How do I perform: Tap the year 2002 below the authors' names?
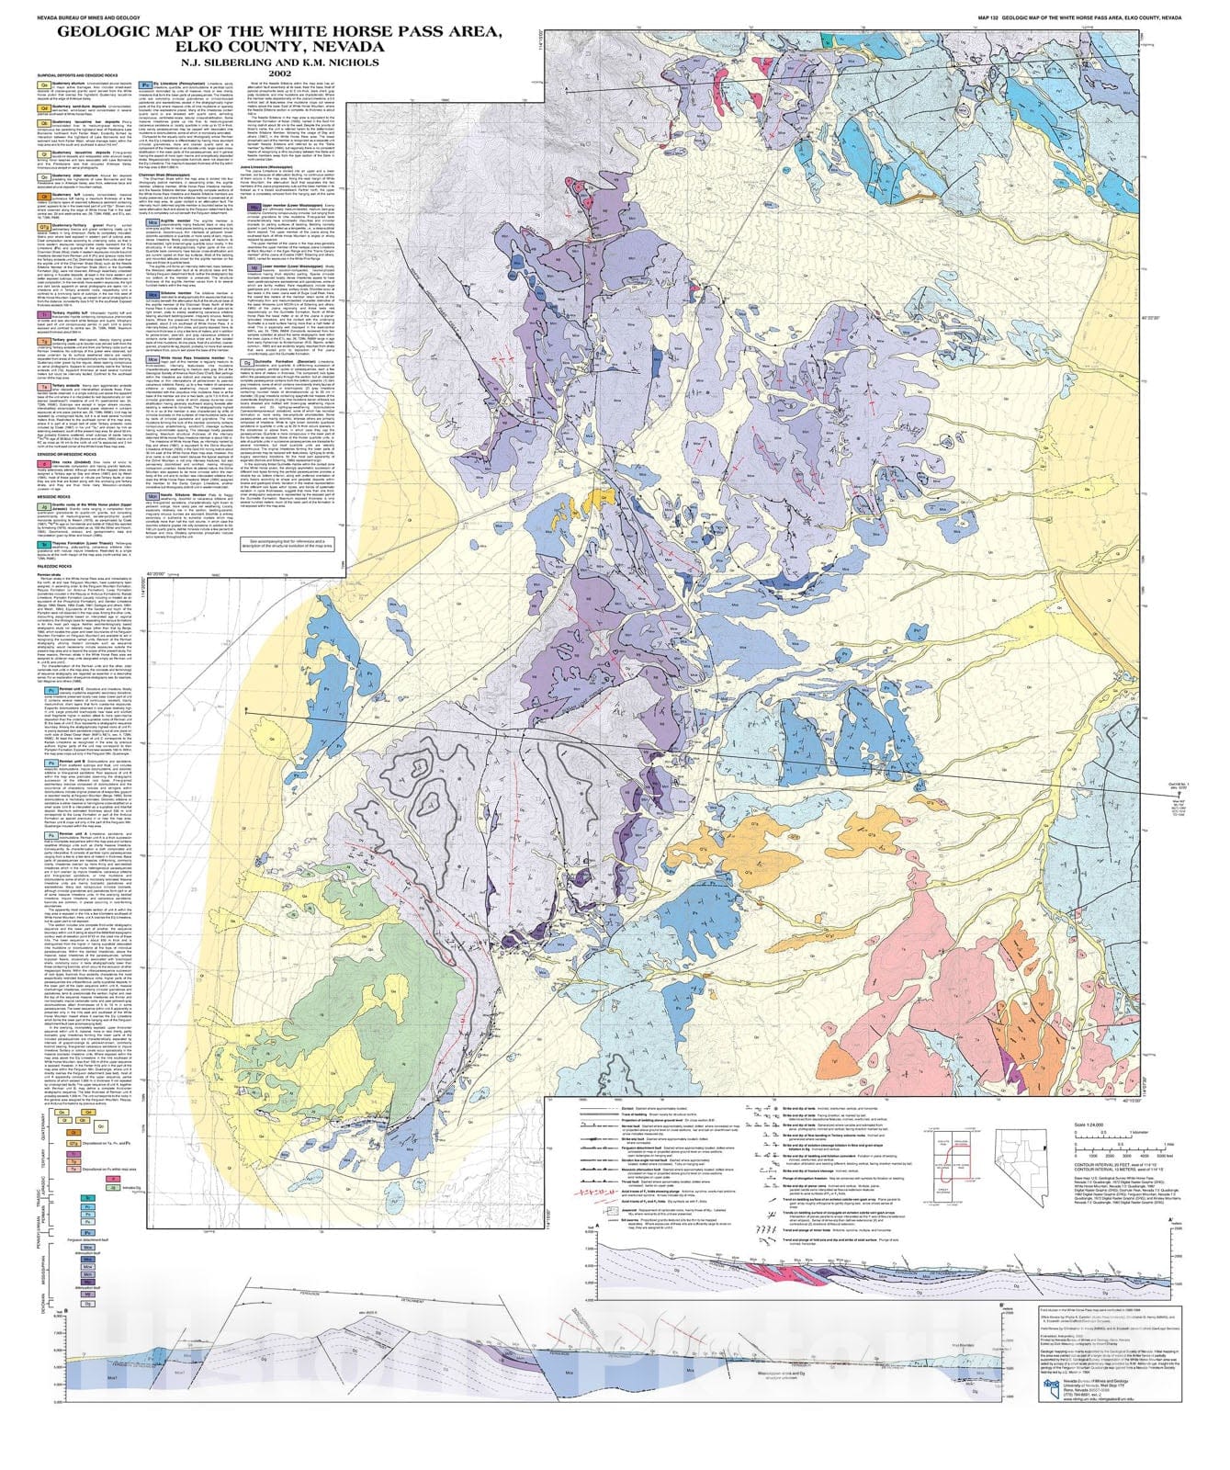click(280, 73)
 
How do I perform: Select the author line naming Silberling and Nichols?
click(280, 61)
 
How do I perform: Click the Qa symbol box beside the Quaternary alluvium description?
click(43, 85)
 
